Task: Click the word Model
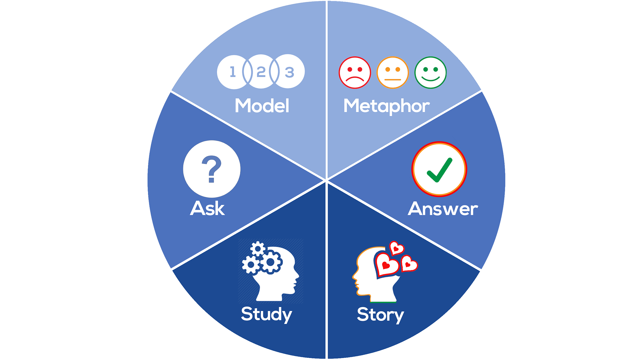point(262,106)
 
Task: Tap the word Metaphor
point(386,106)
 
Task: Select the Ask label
point(207,209)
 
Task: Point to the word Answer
point(443,209)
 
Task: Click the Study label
point(266,314)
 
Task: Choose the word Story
point(380,315)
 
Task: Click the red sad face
point(355,73)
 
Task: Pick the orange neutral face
point(393,73)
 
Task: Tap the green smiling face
point(430,73)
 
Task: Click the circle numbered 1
point(232,72)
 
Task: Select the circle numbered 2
point(261,72)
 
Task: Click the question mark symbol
point(212,169)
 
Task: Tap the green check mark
point(439,170)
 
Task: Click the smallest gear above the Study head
point(258,249)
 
